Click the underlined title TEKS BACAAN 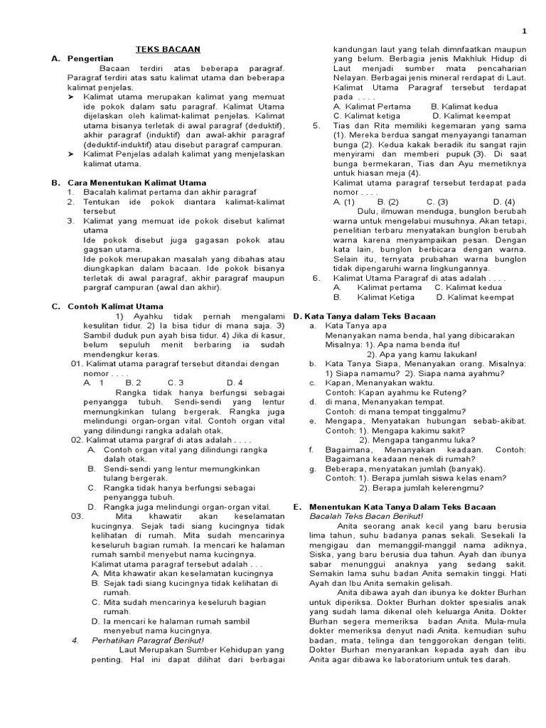168,49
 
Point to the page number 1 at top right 524,31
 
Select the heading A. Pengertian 78,58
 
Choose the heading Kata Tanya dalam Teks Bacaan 370,316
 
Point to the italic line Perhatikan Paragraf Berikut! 138,640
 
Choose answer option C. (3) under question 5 437,201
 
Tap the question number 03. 77,515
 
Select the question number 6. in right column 316,278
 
